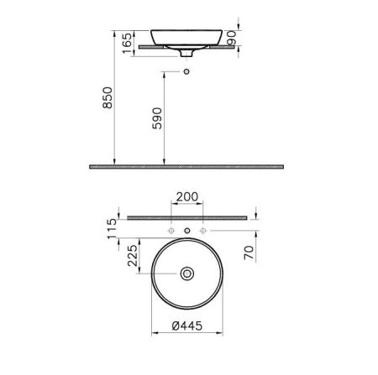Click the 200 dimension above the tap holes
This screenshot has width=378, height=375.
click(186, 199)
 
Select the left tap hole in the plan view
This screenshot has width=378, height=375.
click(171, 230)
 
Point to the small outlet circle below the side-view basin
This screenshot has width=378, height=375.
click(187, 73)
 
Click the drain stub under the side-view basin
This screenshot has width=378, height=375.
click(187, 55)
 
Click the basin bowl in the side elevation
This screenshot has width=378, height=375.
click(187, 37)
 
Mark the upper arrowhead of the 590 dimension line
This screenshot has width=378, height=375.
click(164, 75)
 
